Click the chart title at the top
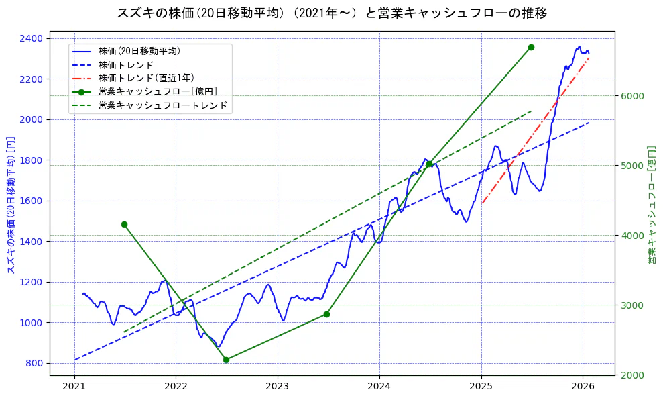pos(332,13)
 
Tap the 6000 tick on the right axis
pos(631,95)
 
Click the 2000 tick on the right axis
pos(631,375)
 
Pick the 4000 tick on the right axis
pos(631,236)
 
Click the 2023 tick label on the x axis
pos(278,387)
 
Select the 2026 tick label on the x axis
pos(583,387)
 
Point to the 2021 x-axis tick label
pos(74,387)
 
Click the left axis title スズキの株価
pos(11,201)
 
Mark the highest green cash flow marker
pos(531,47)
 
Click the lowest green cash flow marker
pos(226,360)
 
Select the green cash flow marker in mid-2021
pos(124,224)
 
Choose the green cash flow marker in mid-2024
pos(429,164)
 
